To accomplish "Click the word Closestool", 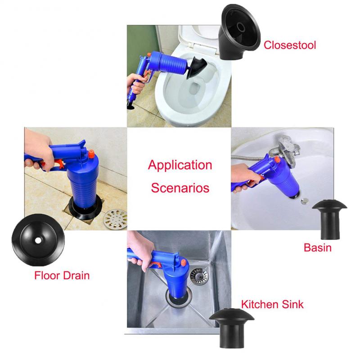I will tap(290, 45).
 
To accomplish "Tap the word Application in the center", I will tap(180, 165).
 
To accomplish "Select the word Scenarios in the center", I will tap(180, 187).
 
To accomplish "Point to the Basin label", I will tap(317, 247).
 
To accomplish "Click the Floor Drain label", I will tap(62, 275).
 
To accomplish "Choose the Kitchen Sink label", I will tap(273, 304).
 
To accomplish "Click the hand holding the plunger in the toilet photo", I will tap(134, 81).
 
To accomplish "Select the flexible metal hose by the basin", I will tap(250, 155).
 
